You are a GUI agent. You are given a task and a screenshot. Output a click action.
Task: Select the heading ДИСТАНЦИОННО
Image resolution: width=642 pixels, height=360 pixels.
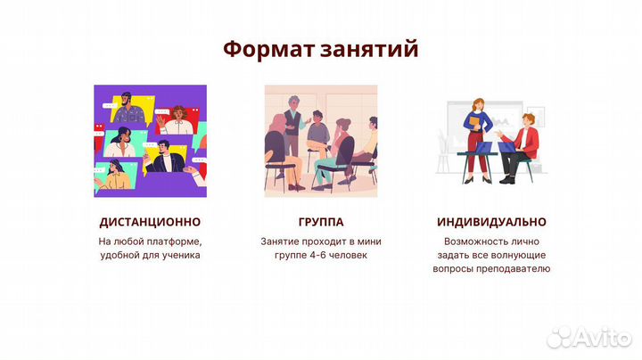[150, 221]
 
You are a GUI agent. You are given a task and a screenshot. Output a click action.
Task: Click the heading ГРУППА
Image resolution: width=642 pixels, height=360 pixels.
[320, 221]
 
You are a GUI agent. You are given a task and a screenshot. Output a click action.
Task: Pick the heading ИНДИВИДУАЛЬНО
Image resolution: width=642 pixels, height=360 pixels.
[491, 221]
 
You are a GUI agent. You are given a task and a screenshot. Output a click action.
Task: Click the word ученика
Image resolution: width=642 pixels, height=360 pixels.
[178, 255]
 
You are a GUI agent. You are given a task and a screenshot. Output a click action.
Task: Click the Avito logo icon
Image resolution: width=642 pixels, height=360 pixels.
[559, 336]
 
